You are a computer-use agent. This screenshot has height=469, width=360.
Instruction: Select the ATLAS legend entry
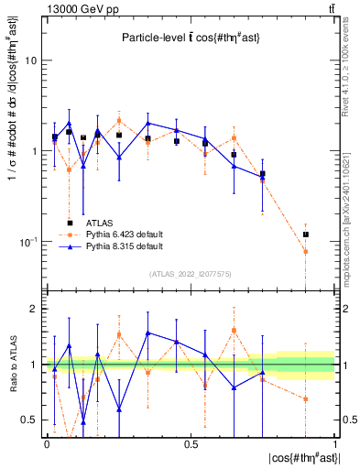(100, 223)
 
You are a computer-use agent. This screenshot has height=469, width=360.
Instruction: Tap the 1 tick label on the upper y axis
(34, 151)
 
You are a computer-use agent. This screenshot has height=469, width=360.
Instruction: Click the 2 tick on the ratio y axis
(34, 310)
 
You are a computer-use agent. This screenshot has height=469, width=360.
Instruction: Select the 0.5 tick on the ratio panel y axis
(30, 420)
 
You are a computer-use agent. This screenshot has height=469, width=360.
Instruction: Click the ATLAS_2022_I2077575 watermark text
(190, 274)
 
